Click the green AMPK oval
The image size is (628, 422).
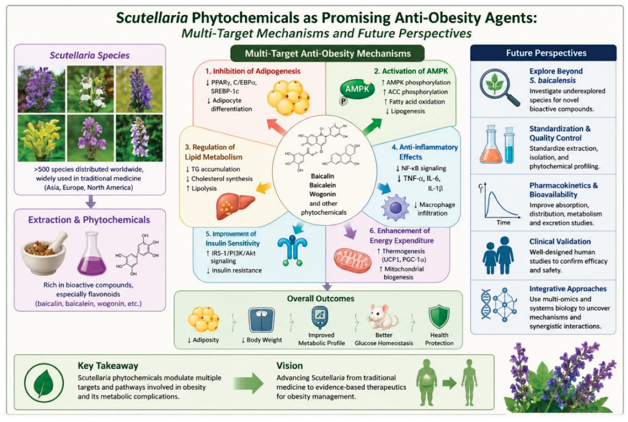[x=357, y=89]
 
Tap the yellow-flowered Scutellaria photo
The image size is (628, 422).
[x=41, y=138]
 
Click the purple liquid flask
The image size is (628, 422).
[x=92, y=254]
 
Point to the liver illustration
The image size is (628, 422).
[x=235, y=206]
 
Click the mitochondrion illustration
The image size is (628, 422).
[x=353, y=260]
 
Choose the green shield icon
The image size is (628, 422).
[x=439, y=317]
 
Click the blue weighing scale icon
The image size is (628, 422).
[x=261, y=320]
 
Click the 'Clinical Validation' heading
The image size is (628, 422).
[x=560, y=242]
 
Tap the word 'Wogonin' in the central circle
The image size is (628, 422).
[x=323, y=194]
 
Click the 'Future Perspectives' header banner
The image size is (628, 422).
[x=543, y=53]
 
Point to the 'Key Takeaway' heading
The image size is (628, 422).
[x=108, y=366]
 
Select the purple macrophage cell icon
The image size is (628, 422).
[x=395, y=208]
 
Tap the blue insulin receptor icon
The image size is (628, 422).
[x=292, y=250]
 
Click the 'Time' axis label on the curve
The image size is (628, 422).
[x=503, y=223]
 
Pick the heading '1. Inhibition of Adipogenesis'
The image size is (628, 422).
[x=252, y=71]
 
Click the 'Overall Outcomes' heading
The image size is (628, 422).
[x=320, y=299]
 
